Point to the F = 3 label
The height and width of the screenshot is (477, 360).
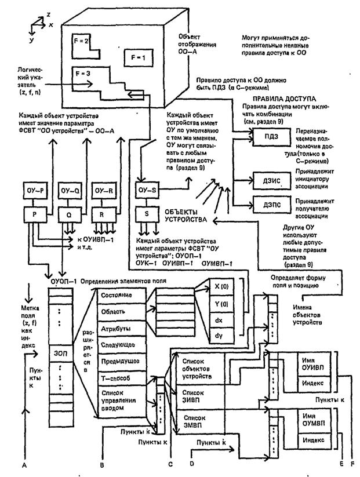83,75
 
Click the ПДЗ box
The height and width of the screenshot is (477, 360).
268,136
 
